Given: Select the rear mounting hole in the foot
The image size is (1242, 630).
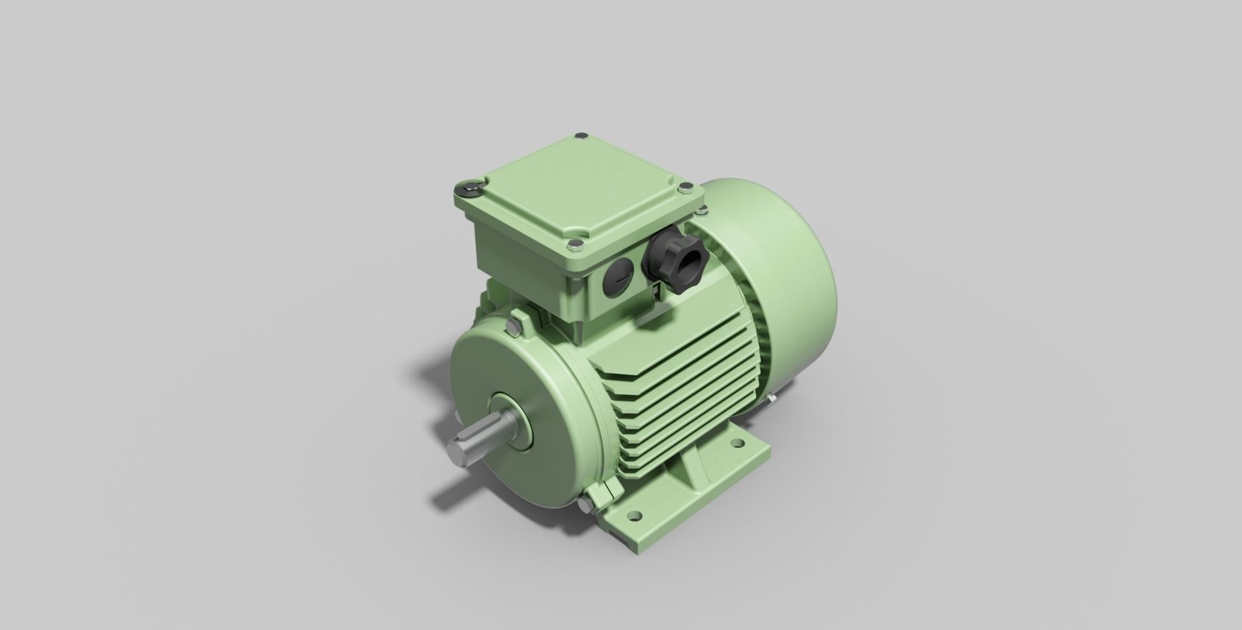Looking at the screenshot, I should tap(737, 444).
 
